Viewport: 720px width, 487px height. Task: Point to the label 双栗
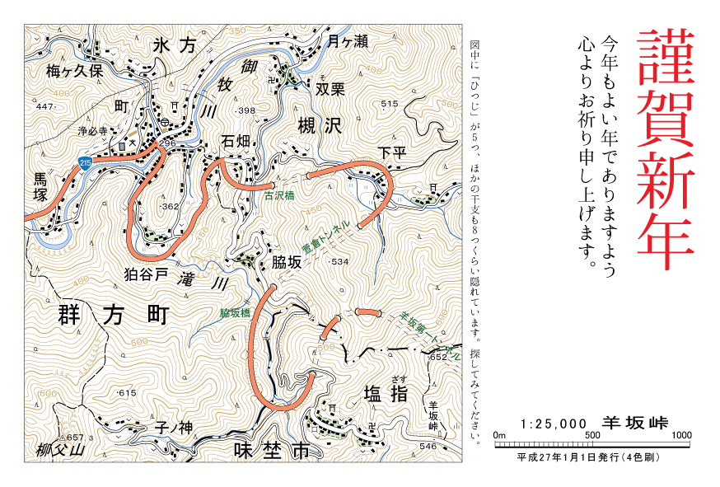point(329,88)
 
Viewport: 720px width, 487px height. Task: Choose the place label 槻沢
point(319,126)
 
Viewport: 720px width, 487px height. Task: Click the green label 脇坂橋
point(235,313)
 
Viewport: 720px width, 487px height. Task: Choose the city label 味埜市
point(271,451)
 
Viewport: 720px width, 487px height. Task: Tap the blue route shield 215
point(86,164)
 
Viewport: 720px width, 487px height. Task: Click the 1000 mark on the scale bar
point(681,435)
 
